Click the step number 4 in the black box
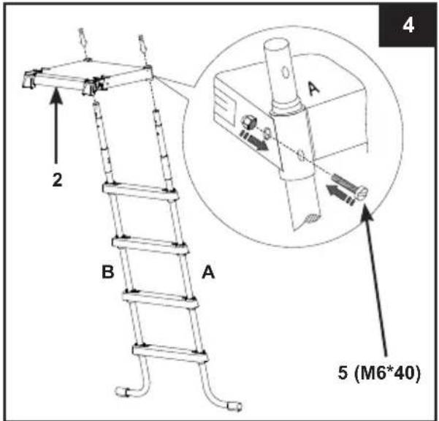(x=408, y=26)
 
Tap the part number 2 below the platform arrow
(x=58, y=180)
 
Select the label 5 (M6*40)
(x=379, y=373)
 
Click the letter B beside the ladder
(x=108, y=272)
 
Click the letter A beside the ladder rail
(x=208, y=272)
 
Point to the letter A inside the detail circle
(x=313, y=88)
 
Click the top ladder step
(x=140, y=191)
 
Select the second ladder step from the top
(x=150, y=245)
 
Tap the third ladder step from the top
(x=160, y=299)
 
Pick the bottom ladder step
(x=170, y=353)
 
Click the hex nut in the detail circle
(x=248, y=122)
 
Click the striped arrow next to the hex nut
(x=254, y=140)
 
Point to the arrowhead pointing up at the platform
(x=56, y=96)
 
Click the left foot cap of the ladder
(x=123, y=391)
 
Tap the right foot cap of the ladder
(x=234, y=406)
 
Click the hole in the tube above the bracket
(x=286, y=72)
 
